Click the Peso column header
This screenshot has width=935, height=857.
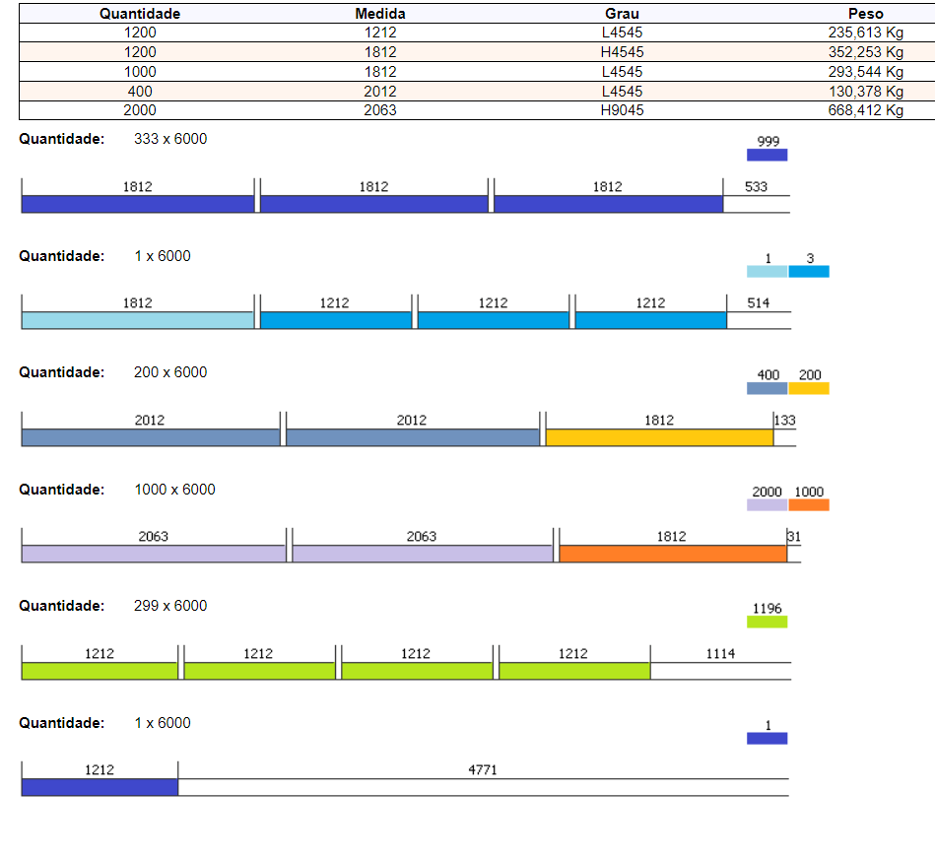(x=865, y=14)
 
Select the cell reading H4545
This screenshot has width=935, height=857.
(x=622, y=52)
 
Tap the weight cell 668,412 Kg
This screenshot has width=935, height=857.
(x=865, y=110)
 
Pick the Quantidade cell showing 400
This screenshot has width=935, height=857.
(x=140, y=91)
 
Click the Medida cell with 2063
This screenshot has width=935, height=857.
(x=379, y=110)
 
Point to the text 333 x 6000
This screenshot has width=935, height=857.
(x=170, y=139)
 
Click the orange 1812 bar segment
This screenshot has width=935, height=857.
(x=672, y=554)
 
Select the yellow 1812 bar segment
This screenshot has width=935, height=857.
(x=659, y=437)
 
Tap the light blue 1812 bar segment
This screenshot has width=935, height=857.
(x=138, y=320)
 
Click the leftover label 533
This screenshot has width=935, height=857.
(x=756, y=186)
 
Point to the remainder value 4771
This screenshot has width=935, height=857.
(x=483, y=770)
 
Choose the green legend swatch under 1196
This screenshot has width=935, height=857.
(x=767, y=622)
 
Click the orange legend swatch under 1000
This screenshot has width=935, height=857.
(x=809, y=505)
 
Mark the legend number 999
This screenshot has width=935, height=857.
(x=768, y=142)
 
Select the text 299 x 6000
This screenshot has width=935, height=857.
(x=170, y=606)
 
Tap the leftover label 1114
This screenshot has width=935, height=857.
(x=720, y=653)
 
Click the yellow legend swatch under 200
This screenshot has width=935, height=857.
(x=809, y=388)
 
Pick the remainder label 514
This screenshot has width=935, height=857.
(x=758, y=303)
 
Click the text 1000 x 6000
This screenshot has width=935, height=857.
(x=174, y=490)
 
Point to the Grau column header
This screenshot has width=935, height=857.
(x=622, y=14)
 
